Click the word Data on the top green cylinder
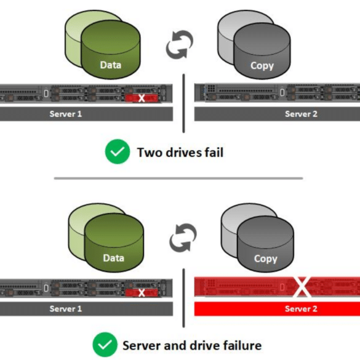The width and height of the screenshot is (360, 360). pyautogui.click(x=110, y=65)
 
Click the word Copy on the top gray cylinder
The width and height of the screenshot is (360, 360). pyautogui.click(x=262, y=66)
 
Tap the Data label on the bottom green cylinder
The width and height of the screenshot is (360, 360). pyautogui.click(x=114, y=258)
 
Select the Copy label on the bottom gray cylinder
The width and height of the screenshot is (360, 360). pyautogui.click(x=266, y=259)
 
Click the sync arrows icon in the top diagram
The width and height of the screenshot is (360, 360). pyautogui.click(x=180, y=44)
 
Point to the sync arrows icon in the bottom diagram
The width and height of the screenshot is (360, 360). pyautogui.click(x=183, y=238)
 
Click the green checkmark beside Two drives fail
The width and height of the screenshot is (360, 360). pyautogui.click(x=118, y=151)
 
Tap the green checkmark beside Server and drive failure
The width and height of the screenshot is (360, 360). pyautogui.click(x=105, y=345)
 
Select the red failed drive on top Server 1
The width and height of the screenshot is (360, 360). pyautogui.click(x=142, y=98)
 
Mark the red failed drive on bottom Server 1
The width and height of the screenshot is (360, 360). pyautogui.click(x=142, y=293)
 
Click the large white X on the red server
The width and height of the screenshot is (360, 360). pyautogui.click(x=302, y=287)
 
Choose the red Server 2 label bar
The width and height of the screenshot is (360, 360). pyautogui.click(x=277, y=309)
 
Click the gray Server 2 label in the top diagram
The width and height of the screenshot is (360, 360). pyautogui.click(x=301, y=114)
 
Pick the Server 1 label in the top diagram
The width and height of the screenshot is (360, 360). pyautogui.click(x=66, y=114)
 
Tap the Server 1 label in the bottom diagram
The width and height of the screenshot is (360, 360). pyautogui.click(x=66, y=309)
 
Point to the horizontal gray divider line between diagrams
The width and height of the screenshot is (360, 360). pyautogui.click(x=178, y=178)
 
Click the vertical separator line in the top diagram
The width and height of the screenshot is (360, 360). pyautogui.click(x=183, y=103)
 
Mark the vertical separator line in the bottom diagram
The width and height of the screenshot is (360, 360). pyautogui.click(x=183, y=298)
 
